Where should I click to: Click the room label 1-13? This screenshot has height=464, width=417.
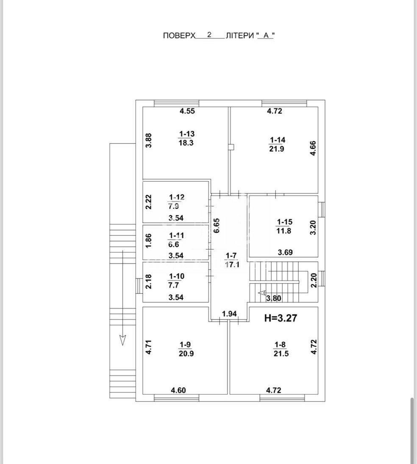(186, 134)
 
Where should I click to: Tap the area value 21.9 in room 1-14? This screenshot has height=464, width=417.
(276, 149)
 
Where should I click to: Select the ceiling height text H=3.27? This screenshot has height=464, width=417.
(281, 318)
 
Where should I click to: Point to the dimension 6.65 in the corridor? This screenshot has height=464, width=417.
(217, 225)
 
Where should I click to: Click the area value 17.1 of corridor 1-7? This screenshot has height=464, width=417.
(232, 264)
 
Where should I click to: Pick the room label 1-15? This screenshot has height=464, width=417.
(284, 222)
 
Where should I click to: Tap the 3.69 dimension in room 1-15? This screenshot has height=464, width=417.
(285, 253)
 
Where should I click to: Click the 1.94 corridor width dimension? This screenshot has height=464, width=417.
(229, 314)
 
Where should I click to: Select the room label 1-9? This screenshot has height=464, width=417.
(186, 345)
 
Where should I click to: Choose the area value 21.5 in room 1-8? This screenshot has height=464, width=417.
(281, 354)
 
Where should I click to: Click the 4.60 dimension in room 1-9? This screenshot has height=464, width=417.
(178, 390)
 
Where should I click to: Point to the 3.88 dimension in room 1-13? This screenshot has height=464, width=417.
(149, 140)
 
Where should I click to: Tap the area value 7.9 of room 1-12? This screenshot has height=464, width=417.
(174, 206)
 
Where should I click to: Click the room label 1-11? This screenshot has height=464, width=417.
(176, 236)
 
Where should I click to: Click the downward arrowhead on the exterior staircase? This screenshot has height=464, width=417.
(122, 340)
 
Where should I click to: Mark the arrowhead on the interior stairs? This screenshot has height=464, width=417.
(261, 293)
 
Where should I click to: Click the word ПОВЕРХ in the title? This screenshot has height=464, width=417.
(179, 36)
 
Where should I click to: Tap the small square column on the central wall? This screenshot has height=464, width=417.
(232, 147)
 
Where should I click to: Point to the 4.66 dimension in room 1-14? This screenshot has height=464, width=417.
(313, 149)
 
